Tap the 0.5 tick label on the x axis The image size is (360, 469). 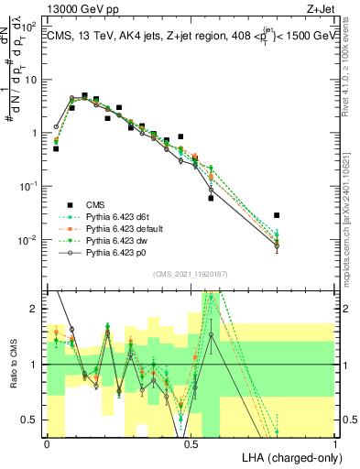pos(191,444)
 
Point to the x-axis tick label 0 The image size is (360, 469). pos(47,444)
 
